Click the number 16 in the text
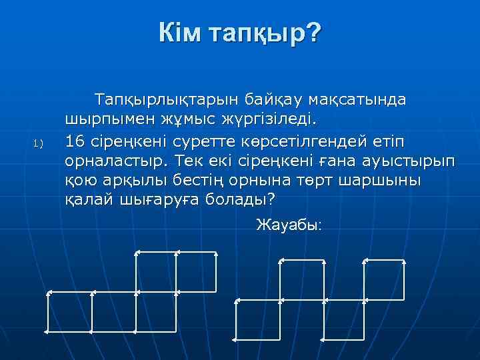(75, 141)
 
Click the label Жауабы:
(289, 225)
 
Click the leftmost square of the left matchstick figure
(71, 313)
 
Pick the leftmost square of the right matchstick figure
(259, 323)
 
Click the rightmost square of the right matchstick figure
(385, 323)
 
